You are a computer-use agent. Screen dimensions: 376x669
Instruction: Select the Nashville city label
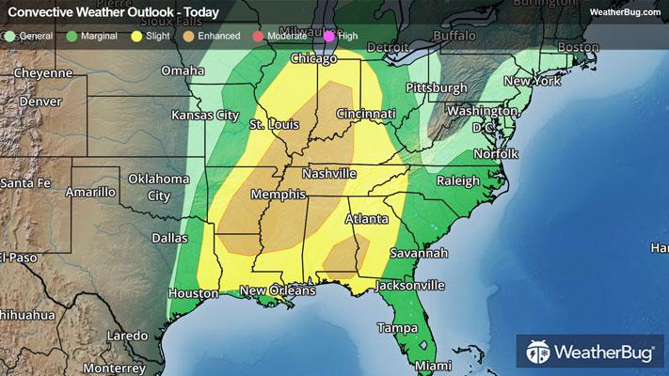329,175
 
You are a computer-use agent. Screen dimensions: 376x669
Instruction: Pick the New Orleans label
277,292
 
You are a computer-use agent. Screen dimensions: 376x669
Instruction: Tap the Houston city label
194,294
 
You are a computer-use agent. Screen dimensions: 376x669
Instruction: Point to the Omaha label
183,71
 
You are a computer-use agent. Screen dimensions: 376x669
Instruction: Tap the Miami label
435,366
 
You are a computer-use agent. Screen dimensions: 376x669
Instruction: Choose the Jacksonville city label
410,285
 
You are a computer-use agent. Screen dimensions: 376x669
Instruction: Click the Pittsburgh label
436,88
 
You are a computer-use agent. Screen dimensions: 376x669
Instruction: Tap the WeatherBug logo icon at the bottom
539,352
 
